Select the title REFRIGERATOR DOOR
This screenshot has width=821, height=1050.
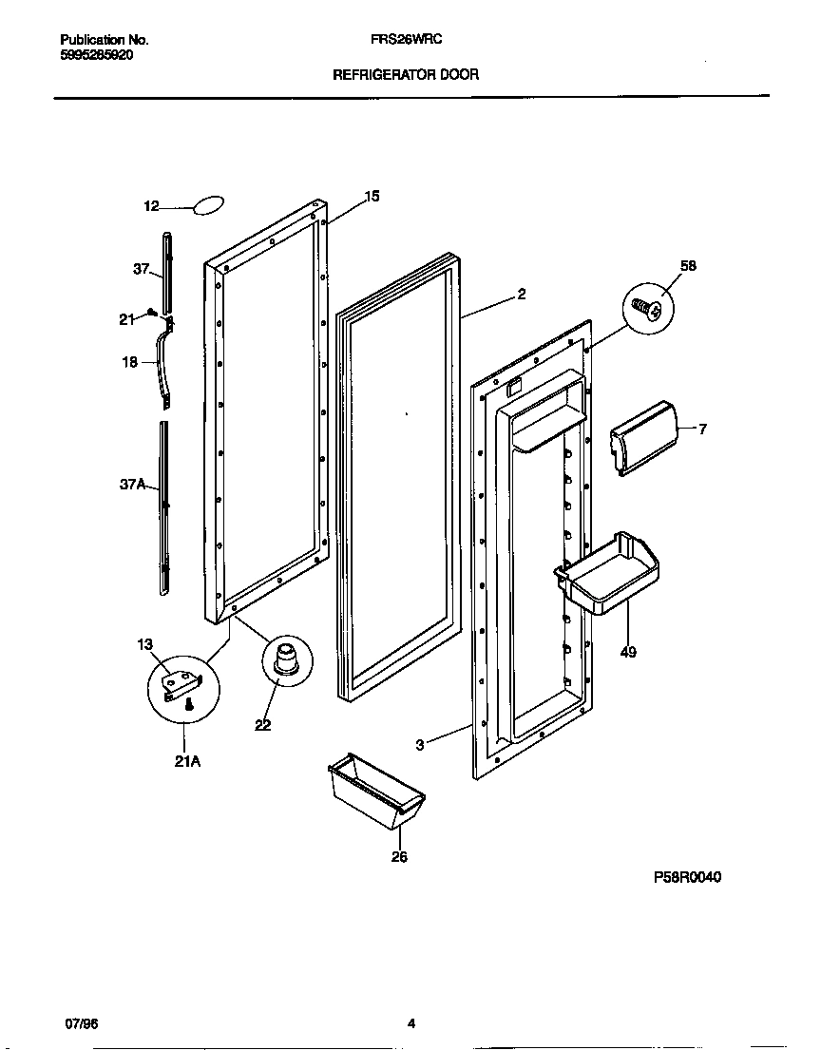[405, 73]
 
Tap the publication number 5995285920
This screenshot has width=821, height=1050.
[96, 55]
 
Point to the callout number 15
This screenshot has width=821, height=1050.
[372, 196]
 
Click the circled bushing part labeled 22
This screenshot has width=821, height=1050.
[285, 659]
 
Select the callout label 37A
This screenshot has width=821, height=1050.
[132, 485]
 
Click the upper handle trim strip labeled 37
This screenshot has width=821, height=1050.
[168, 271]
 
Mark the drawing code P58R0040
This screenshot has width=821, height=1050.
[686, 877]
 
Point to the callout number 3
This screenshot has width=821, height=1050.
[419, 745]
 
